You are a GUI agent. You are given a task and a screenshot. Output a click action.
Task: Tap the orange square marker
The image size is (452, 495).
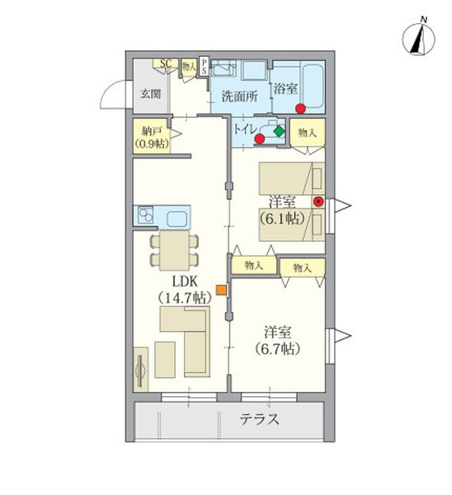click(222, 290)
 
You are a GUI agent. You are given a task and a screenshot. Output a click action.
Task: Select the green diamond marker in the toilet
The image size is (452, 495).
click(279, 131)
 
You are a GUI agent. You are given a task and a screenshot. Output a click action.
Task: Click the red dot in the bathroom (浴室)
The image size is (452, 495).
click(300, 109)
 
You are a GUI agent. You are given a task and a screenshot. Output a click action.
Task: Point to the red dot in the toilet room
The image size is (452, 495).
click(260, 139)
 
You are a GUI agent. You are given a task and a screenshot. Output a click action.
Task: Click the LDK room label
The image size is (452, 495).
click(185, 280)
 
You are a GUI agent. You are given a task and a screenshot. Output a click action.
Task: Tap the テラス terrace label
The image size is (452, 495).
click(260, 420)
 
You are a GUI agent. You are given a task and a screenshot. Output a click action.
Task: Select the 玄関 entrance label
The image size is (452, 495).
click(151, 94)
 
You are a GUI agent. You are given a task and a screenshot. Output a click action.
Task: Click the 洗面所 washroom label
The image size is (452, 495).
click(239, 96)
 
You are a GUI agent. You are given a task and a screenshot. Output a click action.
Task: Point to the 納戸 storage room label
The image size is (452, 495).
click(151, 131)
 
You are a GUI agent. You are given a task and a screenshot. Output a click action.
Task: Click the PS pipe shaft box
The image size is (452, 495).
click(205, 66)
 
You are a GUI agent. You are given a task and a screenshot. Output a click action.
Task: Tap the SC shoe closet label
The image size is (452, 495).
click(166, 64)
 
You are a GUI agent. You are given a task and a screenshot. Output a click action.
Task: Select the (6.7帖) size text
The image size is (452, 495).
click(277, 349)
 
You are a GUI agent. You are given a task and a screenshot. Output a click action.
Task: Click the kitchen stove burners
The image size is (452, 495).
click(145, 215)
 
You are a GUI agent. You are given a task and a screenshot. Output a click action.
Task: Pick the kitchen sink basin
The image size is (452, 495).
click(177, 219)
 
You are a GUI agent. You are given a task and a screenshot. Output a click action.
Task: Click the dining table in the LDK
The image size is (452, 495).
click(175, 250)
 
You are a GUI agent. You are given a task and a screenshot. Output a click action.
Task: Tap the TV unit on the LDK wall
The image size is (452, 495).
click(141, 370)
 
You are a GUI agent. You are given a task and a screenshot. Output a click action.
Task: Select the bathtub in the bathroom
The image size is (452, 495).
click(312, 85)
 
